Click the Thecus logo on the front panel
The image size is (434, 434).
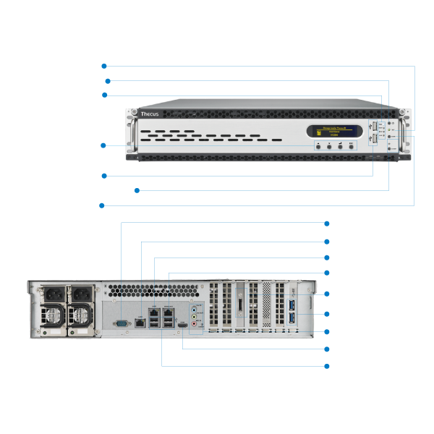coord(149,114)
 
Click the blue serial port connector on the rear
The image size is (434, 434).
coord(121,323)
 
